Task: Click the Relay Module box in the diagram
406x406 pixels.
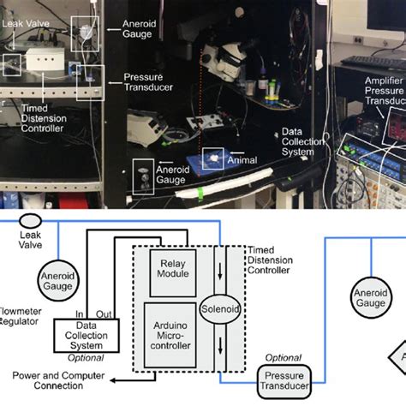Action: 173,269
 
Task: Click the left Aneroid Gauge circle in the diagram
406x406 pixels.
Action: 56,279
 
